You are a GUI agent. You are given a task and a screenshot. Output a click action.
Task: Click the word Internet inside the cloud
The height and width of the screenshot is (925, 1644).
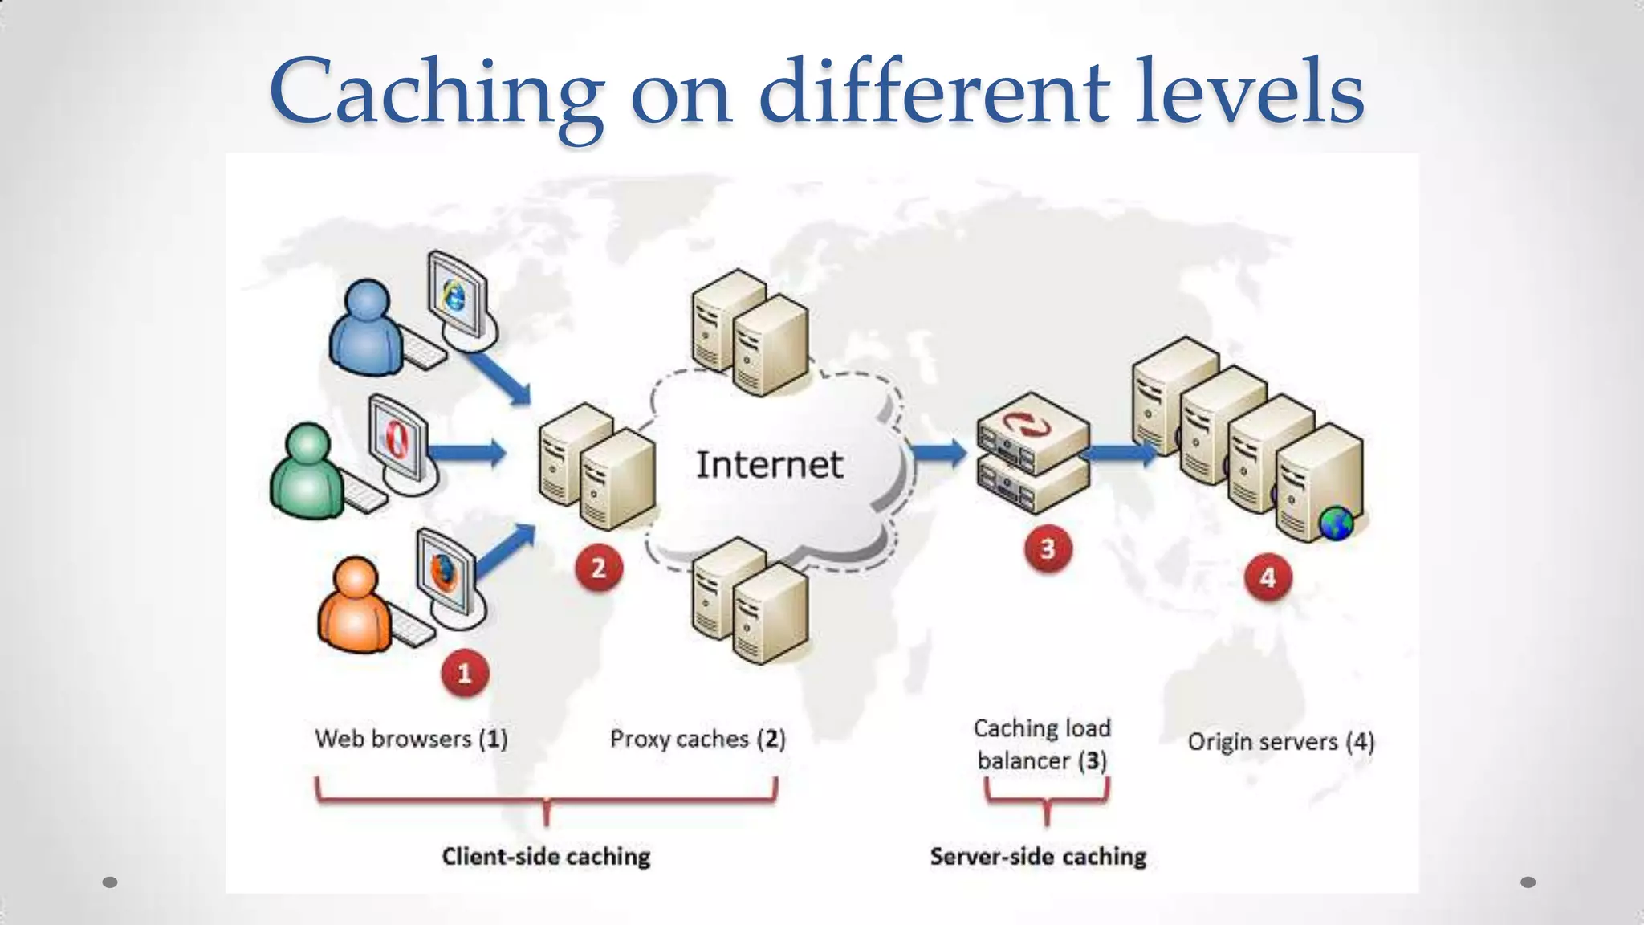(x=769, y=465)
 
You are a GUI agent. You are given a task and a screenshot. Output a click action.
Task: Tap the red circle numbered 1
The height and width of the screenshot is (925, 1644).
(x=464, y=673)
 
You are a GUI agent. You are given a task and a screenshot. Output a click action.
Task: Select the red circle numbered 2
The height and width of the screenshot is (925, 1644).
(x=598, y=568)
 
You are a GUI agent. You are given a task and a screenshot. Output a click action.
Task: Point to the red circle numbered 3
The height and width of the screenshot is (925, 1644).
(x=1048, y=549)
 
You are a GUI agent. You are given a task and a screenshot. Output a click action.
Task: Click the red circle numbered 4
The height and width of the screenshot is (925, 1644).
(x=1268, y=577)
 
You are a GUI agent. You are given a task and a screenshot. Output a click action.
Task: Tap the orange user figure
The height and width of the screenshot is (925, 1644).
(x=354, y=605)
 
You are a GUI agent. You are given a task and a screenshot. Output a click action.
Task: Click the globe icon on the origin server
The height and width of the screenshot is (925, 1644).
(x=1336, y=524)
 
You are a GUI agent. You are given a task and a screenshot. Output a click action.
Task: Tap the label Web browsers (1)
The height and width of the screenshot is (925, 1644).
(x=411, y=739)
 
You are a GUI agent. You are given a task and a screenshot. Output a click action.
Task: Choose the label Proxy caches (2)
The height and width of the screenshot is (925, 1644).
(x=698, y=739)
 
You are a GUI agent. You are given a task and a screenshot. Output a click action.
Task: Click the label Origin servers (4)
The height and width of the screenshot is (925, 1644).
(x=1281, y=742)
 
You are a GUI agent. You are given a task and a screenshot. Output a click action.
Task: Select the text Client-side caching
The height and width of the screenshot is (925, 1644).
(x=546, y=857)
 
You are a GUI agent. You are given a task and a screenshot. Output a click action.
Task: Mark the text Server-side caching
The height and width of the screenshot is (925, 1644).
(x=1038, y=857)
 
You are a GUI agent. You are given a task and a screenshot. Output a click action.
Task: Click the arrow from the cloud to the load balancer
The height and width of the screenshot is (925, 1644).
(x=940, y=453)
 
